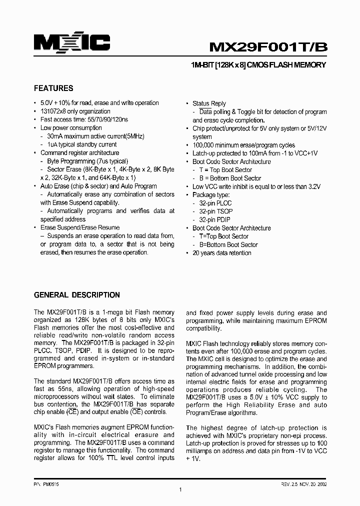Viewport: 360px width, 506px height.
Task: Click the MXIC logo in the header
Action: coord(71,43)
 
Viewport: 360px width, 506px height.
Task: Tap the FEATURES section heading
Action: coord(53,88)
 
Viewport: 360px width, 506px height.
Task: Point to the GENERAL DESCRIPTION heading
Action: coord(76,295)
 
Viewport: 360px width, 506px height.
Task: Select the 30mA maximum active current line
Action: coord(91,136)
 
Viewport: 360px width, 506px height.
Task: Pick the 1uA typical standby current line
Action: coord(81,144)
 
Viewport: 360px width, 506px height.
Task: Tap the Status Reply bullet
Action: coord(209,103)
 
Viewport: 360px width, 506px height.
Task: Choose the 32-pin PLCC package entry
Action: coord(215,203)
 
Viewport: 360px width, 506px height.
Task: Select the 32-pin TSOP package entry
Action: coord(215,211)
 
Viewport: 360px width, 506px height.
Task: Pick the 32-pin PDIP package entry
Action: coord(214,219)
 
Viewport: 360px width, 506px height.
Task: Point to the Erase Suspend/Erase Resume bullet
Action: coord(79,227)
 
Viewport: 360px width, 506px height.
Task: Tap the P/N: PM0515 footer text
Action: coord(45,484)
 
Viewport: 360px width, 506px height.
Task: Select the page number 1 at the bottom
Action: coord(180,490)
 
